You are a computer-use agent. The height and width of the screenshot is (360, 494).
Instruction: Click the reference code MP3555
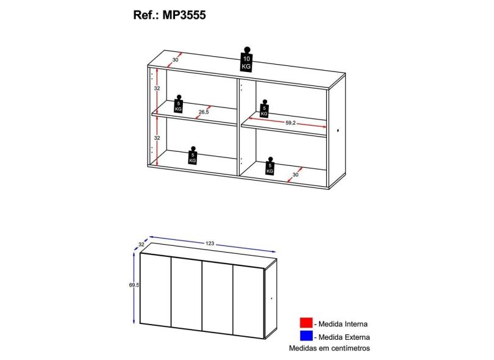click(184, 15)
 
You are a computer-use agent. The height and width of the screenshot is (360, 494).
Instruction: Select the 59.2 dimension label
click(290, 123)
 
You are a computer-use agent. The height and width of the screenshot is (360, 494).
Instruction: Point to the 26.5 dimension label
click(204, 112)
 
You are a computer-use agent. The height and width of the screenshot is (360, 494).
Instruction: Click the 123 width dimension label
click(210, 243)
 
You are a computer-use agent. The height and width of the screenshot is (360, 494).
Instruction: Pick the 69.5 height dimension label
click(134, 285)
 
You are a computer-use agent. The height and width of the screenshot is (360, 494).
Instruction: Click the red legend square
click(306, 323)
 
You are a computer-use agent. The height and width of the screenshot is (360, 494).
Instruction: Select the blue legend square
click(306, 336)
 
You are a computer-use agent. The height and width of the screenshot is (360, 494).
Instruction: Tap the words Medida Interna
click(343, 324)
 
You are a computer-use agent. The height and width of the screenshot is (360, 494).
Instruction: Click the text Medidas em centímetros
click(329, 348)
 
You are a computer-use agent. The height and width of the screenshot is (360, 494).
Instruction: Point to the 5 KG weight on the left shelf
click(179, 103)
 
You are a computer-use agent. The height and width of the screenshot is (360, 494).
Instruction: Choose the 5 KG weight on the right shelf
click(264, 109)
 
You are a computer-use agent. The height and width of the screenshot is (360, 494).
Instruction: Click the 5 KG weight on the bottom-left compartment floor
click(193, 155)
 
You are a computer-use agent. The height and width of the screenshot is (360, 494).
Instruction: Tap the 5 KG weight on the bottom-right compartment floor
click(270, 166)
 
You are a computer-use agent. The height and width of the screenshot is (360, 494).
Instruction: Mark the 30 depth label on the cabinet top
click(175, 60)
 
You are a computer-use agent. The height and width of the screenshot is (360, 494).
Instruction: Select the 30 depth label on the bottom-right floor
click(295, 175)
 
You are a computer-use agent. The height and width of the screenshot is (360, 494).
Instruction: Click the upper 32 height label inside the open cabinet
click(157, 88)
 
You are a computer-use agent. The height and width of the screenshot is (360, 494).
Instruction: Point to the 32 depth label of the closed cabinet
click(141, 244)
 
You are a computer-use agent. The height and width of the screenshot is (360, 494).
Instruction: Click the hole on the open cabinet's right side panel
click(338, 130)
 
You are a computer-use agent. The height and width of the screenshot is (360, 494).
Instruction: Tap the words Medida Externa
click(344, 337)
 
